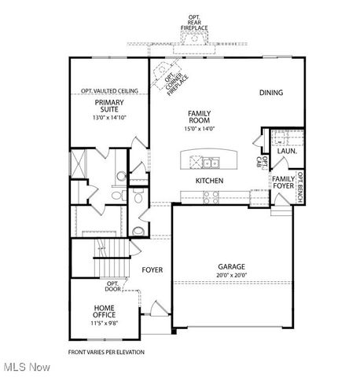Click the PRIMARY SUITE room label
point(110,106)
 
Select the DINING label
point(271,93)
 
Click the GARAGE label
point(232,266)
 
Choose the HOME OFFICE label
point(105,312)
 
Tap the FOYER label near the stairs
point(152,270)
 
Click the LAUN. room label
point(286,151)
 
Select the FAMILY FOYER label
point(283,183)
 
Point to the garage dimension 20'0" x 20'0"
point(232,276)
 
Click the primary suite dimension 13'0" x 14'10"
point(110,118)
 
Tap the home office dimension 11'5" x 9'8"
point(105,323)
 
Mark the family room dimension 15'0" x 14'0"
point(199,129)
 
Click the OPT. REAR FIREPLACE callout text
point(193,22)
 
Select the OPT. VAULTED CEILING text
point(109,91)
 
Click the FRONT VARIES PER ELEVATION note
point(106,353)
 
